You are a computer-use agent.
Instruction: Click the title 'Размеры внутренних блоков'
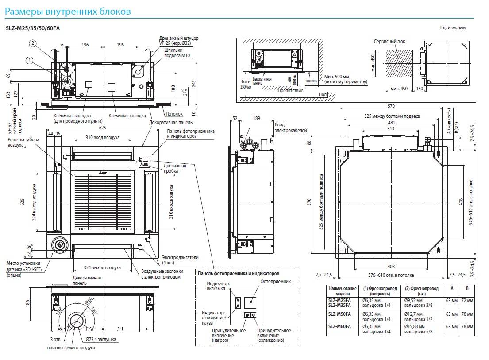[67, 11]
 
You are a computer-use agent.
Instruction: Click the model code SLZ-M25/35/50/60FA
[32, 28]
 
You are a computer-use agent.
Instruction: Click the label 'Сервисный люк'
[389, 41]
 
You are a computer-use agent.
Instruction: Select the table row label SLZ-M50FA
[339, 314]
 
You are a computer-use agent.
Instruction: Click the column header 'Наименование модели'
[343, 291]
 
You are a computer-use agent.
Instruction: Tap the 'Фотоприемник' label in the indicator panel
[275, 281]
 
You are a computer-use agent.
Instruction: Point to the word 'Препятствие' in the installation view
[290, 90]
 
